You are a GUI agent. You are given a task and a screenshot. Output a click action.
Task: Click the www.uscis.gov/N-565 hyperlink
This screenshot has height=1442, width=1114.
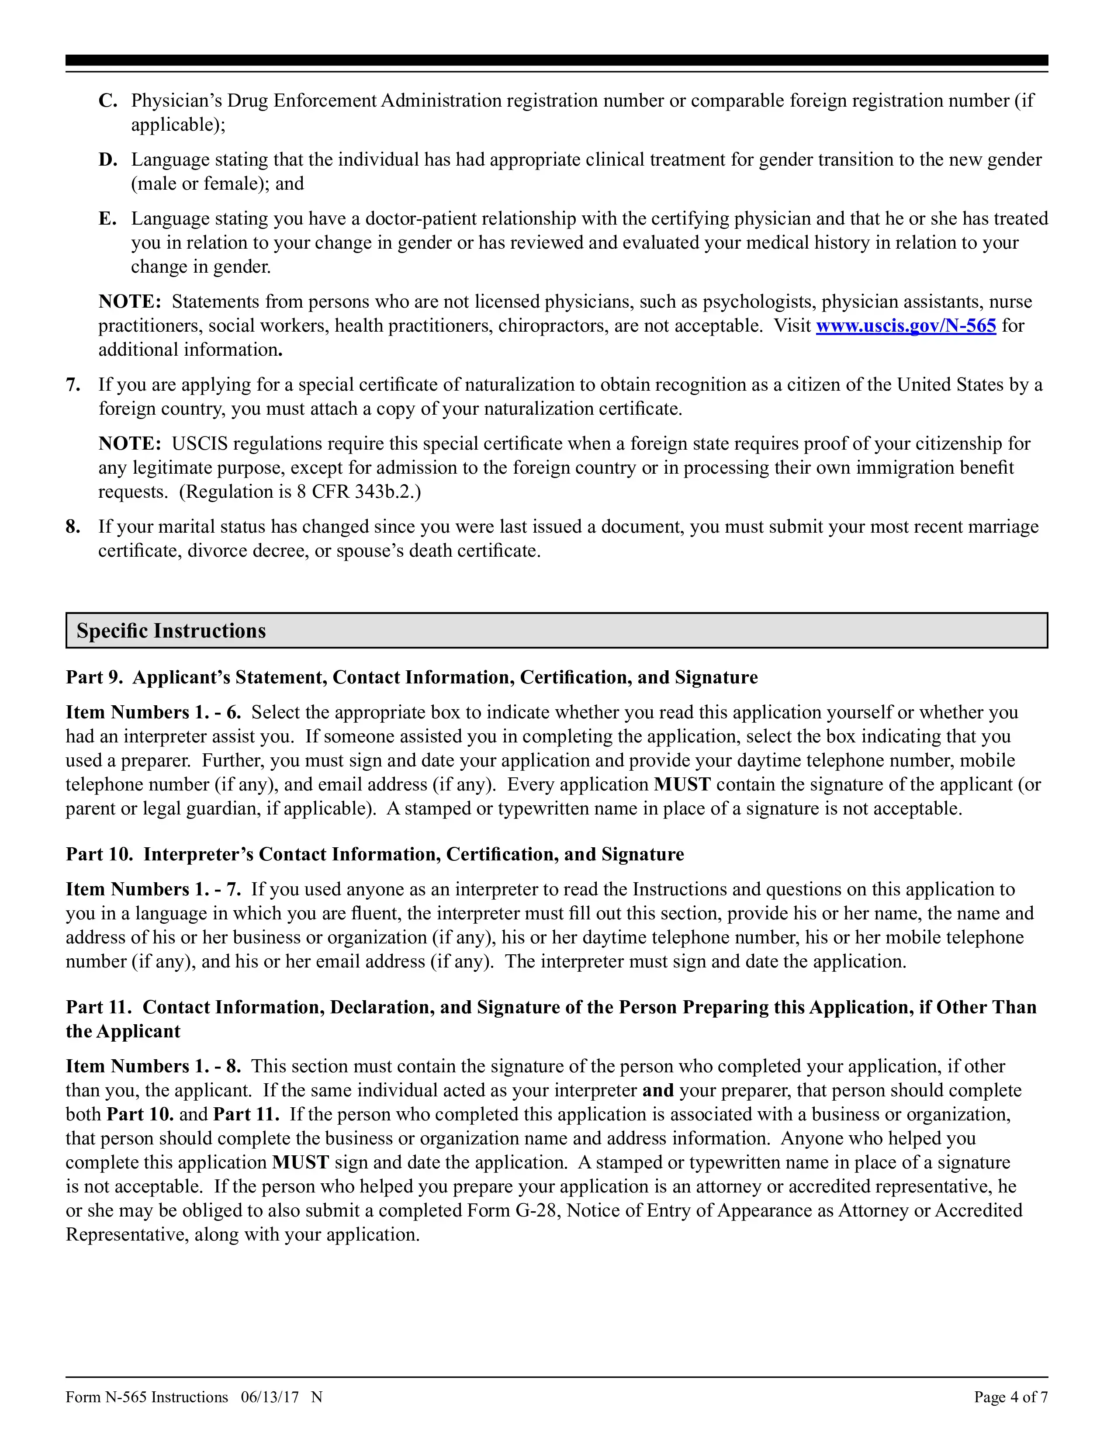(x=906, y=326)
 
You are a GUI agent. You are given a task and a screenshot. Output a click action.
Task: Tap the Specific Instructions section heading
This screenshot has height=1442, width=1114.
(x=171, y=631)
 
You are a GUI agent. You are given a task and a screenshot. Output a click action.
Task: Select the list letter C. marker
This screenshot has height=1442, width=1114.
(x=107, y=101)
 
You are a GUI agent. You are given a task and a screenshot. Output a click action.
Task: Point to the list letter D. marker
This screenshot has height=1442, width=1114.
(x=107, y=160)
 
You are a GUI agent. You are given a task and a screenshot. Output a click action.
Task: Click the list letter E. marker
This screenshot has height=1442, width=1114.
(x=107, y=218)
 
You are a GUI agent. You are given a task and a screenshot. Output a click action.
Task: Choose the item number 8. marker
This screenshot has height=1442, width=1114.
(x=73, y=527)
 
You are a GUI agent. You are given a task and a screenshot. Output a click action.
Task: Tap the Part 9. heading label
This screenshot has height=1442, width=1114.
(x=94, y=677)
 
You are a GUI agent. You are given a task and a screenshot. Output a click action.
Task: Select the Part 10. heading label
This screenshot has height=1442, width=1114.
(x=99, y=854)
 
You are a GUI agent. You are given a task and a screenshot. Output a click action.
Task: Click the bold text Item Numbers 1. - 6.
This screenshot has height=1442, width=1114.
(x=153, y=712)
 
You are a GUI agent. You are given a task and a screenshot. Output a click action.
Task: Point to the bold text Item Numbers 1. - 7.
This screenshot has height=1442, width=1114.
(x=153, y=889)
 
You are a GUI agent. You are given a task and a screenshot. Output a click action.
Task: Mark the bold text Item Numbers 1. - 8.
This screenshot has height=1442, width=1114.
(x=153, y=1066)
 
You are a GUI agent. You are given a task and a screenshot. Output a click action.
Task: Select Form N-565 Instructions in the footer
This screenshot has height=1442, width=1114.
(x=146, y=1397)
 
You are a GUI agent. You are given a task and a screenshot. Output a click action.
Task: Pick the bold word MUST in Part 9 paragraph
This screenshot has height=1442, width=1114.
(x=682, y=784)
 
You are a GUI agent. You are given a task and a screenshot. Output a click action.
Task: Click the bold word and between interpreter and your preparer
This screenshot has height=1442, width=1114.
(x=657, y=1090)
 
